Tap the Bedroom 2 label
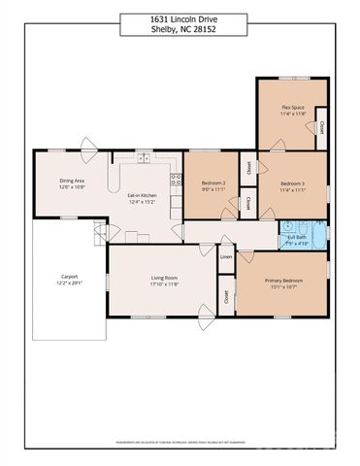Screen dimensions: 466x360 pos(213,183)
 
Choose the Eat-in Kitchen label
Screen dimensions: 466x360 pos(143,196)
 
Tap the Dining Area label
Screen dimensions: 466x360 pos(73,180)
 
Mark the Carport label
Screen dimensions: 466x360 pos(69,277)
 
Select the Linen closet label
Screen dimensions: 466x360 pos(226,257)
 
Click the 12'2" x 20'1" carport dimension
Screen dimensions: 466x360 pos(69,284)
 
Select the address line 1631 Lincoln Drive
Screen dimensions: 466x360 pos(180,18)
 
